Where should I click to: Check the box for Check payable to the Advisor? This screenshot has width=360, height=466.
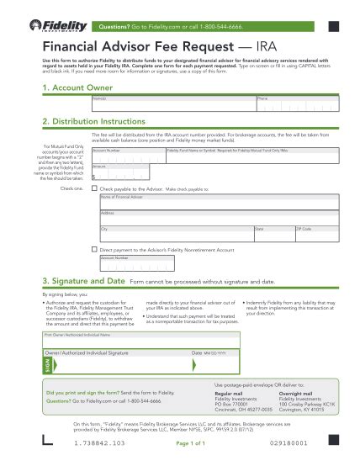tap(94, 189)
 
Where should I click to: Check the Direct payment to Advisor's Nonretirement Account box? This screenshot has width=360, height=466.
tap(94, 250)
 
